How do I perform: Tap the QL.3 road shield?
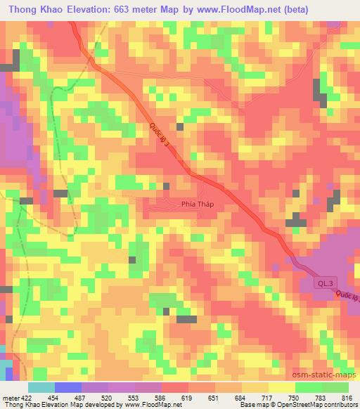point(322,281)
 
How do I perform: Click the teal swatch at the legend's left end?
point(41,387)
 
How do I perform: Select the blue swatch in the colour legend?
point(68,387)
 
